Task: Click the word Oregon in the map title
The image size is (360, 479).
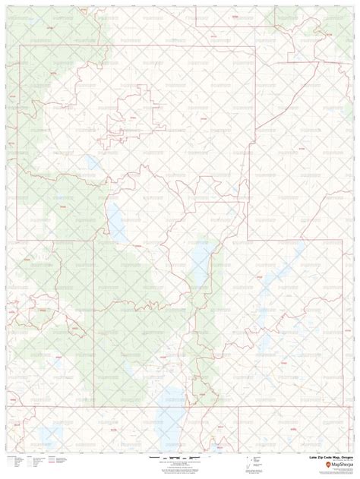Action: pyautogui.click(x=344, y=458)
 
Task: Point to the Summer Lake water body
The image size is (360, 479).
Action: pyautogui.click(x=117, y=216)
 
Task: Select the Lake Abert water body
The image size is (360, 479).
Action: pyautogui.click(x=201, y=262)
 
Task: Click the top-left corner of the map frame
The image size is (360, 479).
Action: pyautogui.click(x=7, y=7)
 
